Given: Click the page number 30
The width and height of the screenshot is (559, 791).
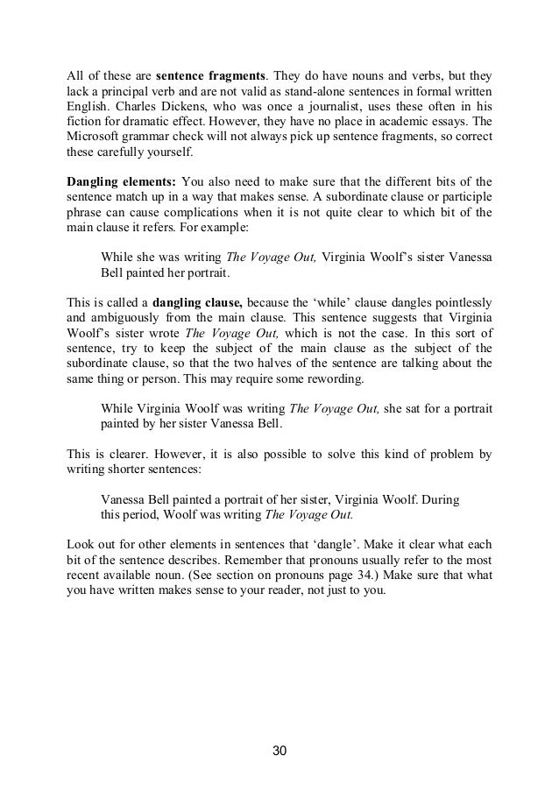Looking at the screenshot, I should click(279, 752).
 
